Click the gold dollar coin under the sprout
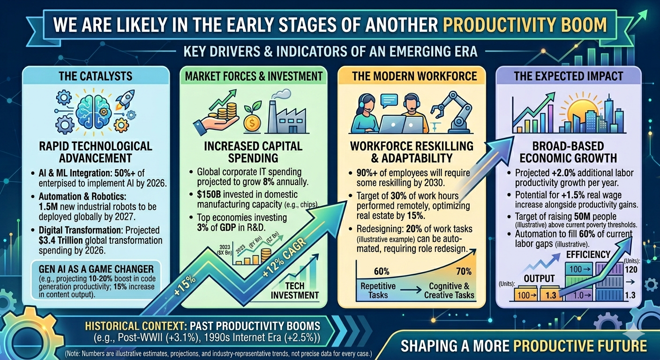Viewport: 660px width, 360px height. (251, 124)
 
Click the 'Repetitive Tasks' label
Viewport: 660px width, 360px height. (378, 290)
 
